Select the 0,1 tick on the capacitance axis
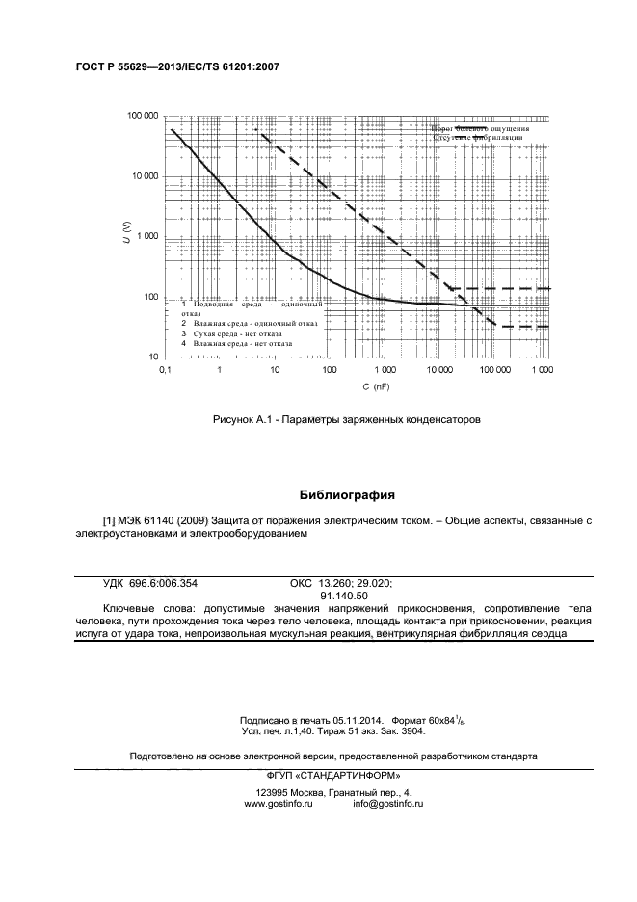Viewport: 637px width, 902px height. [x=165, y=370]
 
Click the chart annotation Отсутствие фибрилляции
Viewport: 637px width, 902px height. [x=478, y=138]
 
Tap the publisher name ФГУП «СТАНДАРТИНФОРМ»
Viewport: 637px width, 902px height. [x=333, y=777]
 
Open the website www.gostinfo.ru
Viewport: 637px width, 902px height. [x=279, y=803]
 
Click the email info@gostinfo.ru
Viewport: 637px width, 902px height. [x=388, y=803]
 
